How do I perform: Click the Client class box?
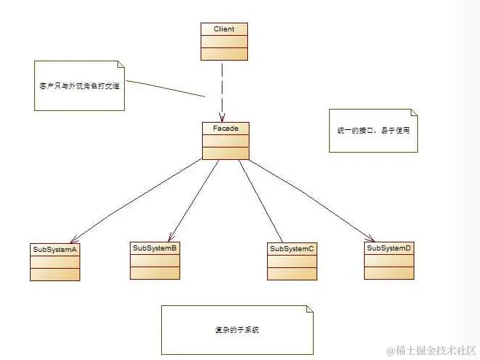pyautogui.click(x=224, y=41)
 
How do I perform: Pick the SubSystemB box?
pyautogui.click(x=155, y=260)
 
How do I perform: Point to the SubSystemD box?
pyautogui.click(x=389, y=260)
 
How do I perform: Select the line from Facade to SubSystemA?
pyautogui.click(x=139, y=200)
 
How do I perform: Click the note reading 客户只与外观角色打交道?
pyautogui.click(x=79, y=85)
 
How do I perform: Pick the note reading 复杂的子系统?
pyautogui.click(x=232, y=329)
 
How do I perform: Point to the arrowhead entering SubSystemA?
pyautogui.click(x=72, y=240)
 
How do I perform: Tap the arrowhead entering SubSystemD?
pyautogui.click(x=371, y=238)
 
